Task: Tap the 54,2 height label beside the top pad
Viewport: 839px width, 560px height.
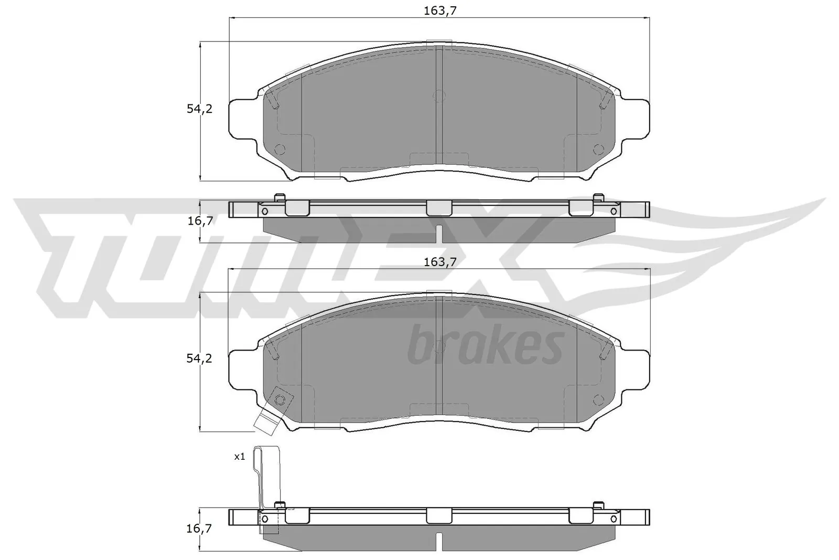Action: pos(199,109)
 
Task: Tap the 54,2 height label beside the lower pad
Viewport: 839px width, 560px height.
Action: pos(199,358)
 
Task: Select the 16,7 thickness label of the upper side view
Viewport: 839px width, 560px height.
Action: pos(200,221)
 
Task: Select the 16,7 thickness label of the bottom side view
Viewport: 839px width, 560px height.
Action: pos(200,529)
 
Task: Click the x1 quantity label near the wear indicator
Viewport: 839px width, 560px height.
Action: pos(240,457)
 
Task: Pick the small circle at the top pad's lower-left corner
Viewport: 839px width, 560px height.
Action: pos(279,149)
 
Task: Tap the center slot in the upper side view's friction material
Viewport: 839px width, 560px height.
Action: pos(439,234)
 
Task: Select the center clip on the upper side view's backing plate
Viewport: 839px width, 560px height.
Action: pos(439,208)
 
